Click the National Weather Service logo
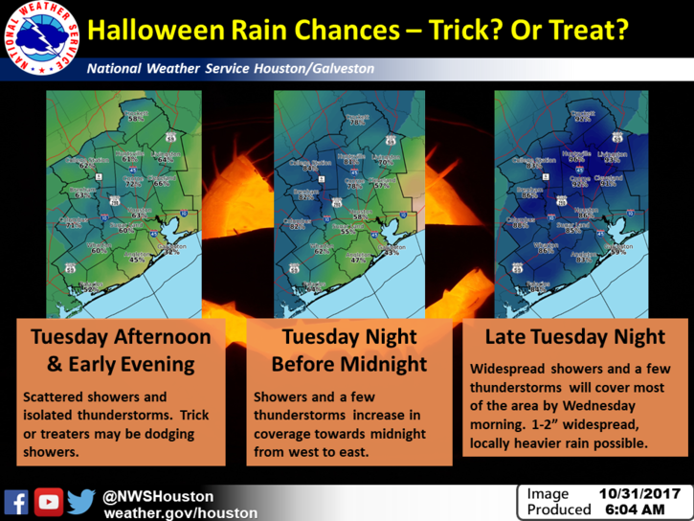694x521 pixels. pyautogui.click(x=42, y=40)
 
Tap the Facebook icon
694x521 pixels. pyautogui.click(x=16, y=501)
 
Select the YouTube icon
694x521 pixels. pyautogui.click(x=49, y=501)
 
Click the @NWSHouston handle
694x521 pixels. pyautogui.click(x=159, y=495)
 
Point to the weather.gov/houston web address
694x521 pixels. pyautogui.click(x=180, y=513)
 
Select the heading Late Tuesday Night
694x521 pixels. pyautogui.click(x=574, y=337)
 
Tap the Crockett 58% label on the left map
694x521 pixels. pyautogui.click(x=135, y=116)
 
